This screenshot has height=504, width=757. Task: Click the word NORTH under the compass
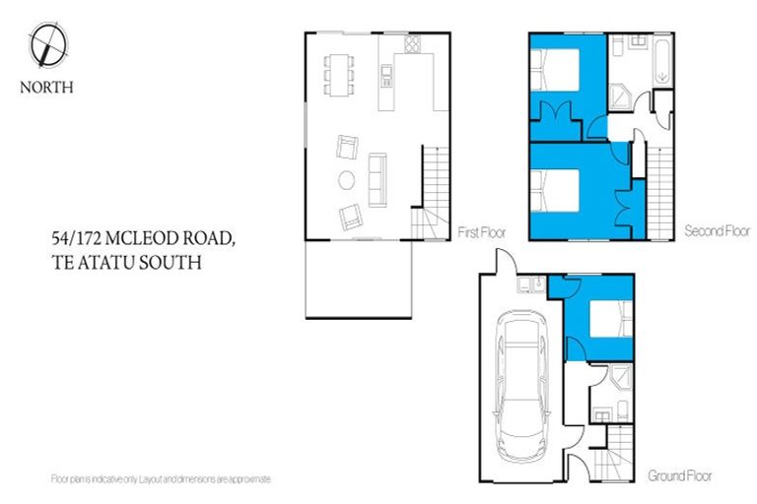point(46,87)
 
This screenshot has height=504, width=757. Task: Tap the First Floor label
point(481,232)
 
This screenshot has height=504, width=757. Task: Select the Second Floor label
point(717,232)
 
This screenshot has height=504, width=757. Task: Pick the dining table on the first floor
point(340,74)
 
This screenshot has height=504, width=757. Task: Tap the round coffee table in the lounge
point(347,180)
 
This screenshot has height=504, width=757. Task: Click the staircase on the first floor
point(434,187)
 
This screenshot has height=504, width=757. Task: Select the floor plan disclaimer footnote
point(160,478)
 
